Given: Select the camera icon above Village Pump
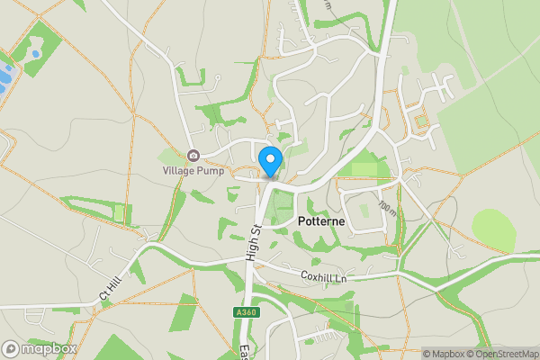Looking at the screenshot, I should tap(192, 156).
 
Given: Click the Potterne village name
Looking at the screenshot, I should tap(311, 220).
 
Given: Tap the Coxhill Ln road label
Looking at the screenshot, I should tap(323, 276).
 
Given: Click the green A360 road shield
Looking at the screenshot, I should tap(245, 312).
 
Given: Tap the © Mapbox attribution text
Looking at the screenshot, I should tap(443, 354).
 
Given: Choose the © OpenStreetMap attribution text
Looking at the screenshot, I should tap(500, 354).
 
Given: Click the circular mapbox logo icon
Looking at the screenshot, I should tap(11, 348).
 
